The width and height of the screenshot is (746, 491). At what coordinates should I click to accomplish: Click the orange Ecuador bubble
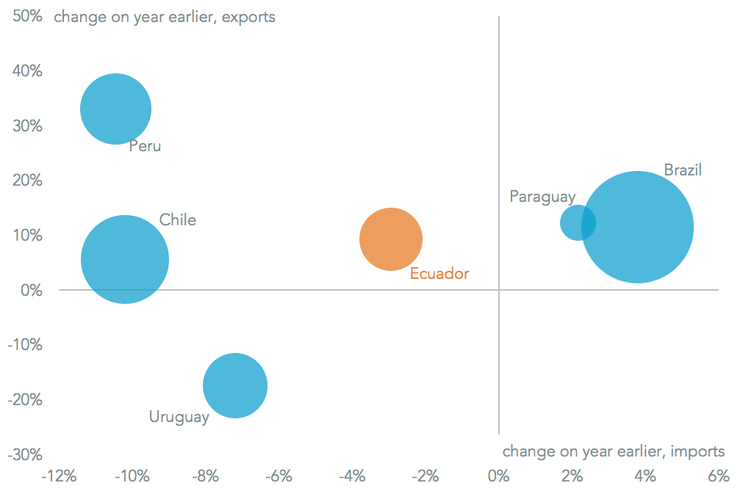(391, 239)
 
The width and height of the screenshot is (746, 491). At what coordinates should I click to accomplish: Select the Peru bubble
(115, 109)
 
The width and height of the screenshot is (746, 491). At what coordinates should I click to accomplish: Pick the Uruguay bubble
(235, 385)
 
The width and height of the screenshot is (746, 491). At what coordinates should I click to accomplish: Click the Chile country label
(178, 220)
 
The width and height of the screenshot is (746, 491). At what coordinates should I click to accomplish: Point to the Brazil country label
(683, 170)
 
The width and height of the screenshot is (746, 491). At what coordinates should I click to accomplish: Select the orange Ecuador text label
(440, 274)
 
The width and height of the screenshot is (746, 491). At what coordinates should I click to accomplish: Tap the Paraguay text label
(542, 197)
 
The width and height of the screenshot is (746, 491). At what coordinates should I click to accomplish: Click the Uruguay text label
(179, 418)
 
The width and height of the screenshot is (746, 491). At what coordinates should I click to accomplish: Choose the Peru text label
(145, 146)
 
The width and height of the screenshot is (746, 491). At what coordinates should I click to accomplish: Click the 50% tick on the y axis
(27, 16)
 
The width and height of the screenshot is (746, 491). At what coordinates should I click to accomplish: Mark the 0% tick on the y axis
(32, 291)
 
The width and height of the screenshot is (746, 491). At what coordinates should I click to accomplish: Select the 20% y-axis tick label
(27, 181)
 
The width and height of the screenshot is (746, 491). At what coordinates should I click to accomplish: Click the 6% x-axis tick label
(718, 475)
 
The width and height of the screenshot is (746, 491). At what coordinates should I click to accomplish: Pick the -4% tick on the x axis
(352, 475)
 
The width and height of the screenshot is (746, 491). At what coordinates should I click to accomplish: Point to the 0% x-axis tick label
(498, 475)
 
